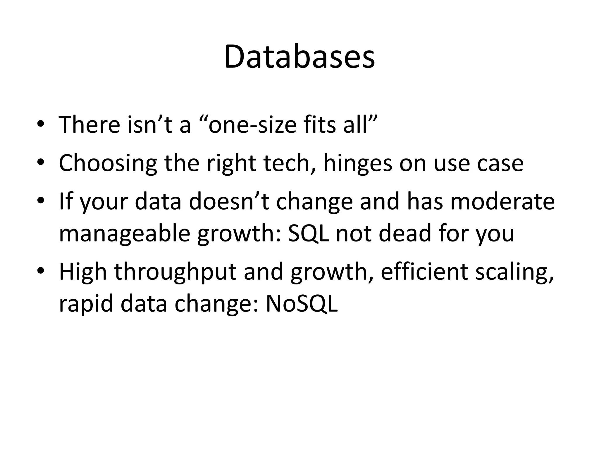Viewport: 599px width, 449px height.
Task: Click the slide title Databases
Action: click(299, 57)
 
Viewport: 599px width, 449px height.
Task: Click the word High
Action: click(83, 272)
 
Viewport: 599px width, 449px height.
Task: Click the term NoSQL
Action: click(302, 304)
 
